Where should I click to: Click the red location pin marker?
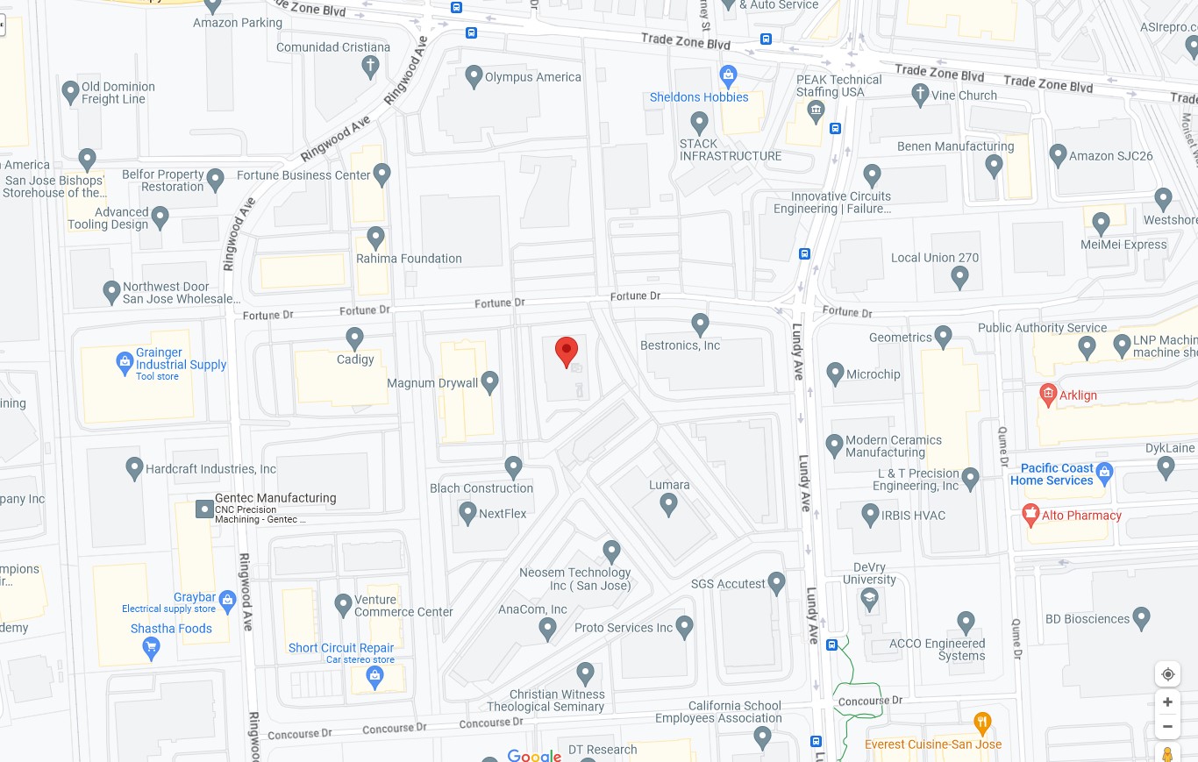[567, 351]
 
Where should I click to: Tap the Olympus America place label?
[533, 77]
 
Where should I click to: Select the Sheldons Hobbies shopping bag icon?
[727, 74]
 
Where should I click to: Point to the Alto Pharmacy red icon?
[1030, 515]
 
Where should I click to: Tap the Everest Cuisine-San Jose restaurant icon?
[982, 724]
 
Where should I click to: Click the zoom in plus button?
[1167, 701]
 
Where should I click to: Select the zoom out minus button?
[1167, 726]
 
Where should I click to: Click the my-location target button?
[1167, 674]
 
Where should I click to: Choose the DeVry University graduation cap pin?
[869, 598]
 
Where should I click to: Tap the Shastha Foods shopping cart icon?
[151, 648]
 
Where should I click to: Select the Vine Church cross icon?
[920, 93]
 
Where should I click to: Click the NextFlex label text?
[503, 514]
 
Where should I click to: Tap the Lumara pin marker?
[669, 503]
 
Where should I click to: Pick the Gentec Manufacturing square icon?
[204, 509]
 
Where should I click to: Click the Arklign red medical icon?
[1047, 394]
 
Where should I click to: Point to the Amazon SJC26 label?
[1110, 156]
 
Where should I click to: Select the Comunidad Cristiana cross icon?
[371, 65]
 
